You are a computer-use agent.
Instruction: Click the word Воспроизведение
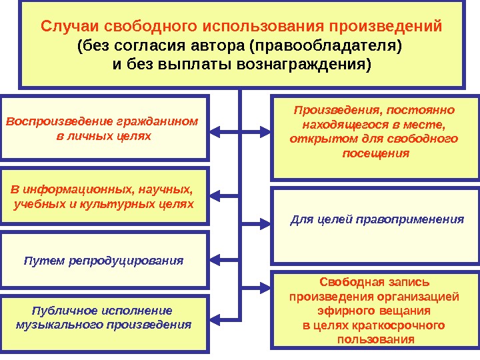pos(59,122)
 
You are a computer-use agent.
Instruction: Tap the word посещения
pos(375,153)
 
